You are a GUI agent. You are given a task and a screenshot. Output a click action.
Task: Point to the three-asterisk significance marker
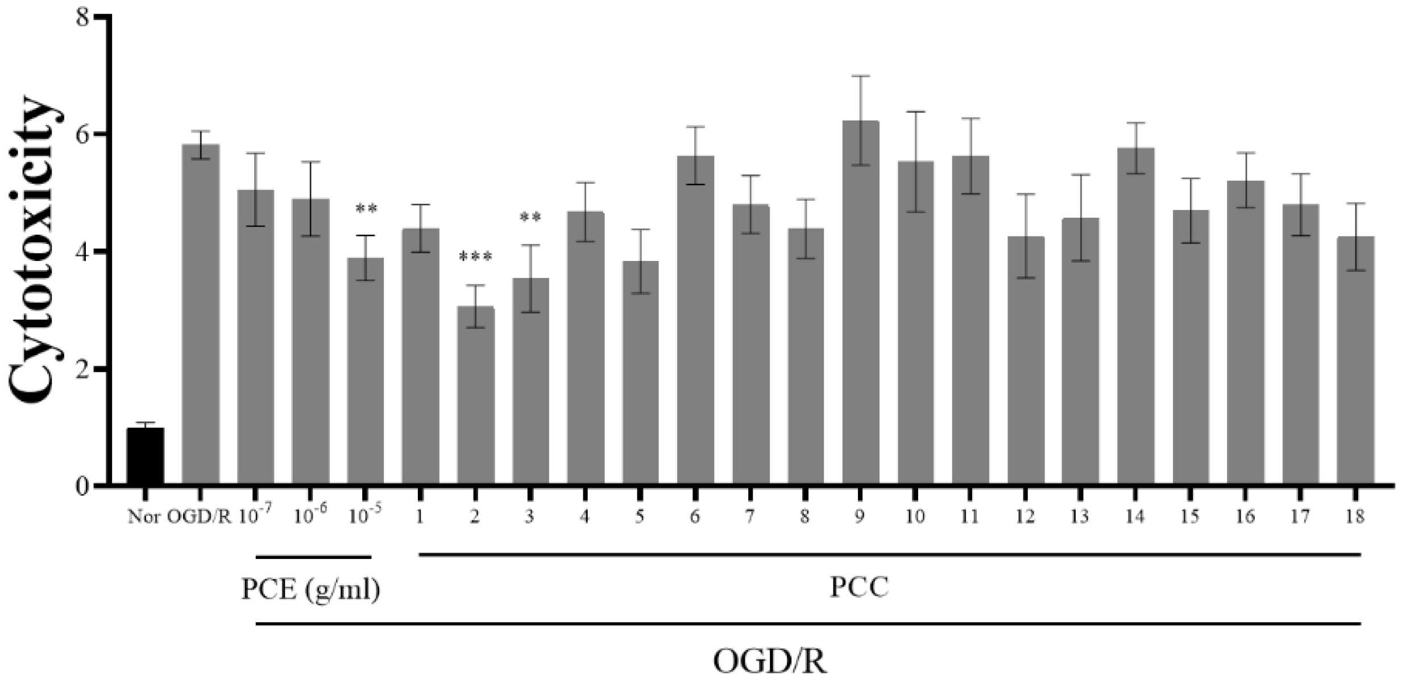pos(475,258)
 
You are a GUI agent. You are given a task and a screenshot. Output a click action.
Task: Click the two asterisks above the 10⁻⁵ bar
pos(366,210)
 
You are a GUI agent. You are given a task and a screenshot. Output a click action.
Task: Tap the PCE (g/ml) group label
pos(311,590)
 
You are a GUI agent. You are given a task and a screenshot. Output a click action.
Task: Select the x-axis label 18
pos(1355,517)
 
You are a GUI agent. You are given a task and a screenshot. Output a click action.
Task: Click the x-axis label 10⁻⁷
pos(255,517)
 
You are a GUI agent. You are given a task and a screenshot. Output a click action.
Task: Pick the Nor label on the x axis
pos(144,517)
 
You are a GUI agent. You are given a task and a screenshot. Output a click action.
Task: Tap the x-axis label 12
pos(1025,517)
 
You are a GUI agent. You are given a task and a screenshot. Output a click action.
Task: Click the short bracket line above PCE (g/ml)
pos(314,557)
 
